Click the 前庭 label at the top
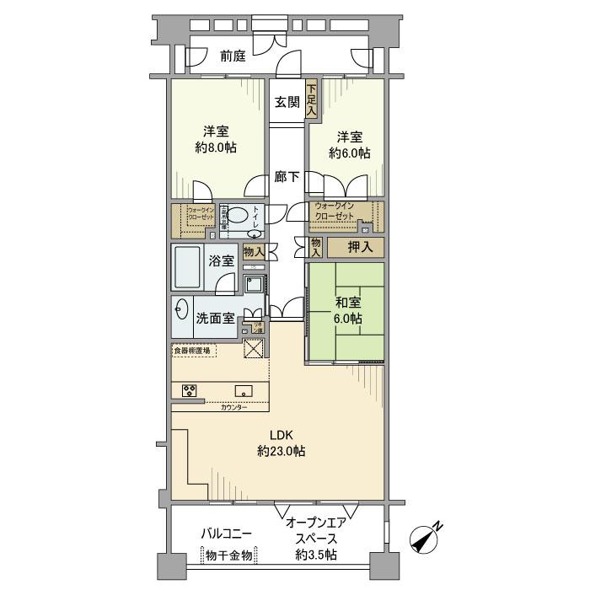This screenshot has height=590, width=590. point(233,57)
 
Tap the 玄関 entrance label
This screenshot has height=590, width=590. point(287,102)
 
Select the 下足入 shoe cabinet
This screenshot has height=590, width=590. point(311,99)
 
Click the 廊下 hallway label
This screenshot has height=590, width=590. point(287,177)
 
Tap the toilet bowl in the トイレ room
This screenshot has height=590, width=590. point(239,215)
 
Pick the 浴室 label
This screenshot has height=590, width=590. point(223,261)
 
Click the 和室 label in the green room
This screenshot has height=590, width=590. point(348,302)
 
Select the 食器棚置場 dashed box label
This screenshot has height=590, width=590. point(192,351)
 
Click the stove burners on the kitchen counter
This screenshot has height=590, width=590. point(190,390)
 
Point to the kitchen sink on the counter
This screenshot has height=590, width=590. point(244,390)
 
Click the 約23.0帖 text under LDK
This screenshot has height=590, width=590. point(282,451)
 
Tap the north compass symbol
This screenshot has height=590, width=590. point(426,537)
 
